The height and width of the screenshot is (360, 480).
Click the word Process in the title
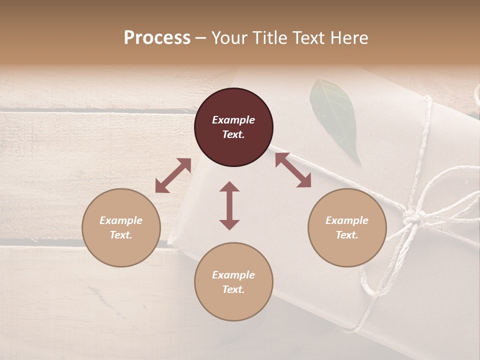(157, 38)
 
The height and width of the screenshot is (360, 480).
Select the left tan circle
(121, 227)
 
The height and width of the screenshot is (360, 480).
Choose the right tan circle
(347, 227)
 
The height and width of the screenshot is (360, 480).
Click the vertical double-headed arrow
(229, 205)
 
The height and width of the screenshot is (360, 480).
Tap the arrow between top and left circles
(173, 175)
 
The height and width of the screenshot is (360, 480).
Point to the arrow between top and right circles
(293, 170)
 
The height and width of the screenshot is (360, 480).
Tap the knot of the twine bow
(413, 218)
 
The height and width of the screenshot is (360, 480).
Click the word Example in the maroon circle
(233, 120)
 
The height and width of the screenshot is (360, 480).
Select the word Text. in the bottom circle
(233, 289)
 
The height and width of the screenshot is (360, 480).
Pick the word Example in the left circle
(121, 220)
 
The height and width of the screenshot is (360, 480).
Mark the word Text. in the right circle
(347, 235)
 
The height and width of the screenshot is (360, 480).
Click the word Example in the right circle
(347, 220)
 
